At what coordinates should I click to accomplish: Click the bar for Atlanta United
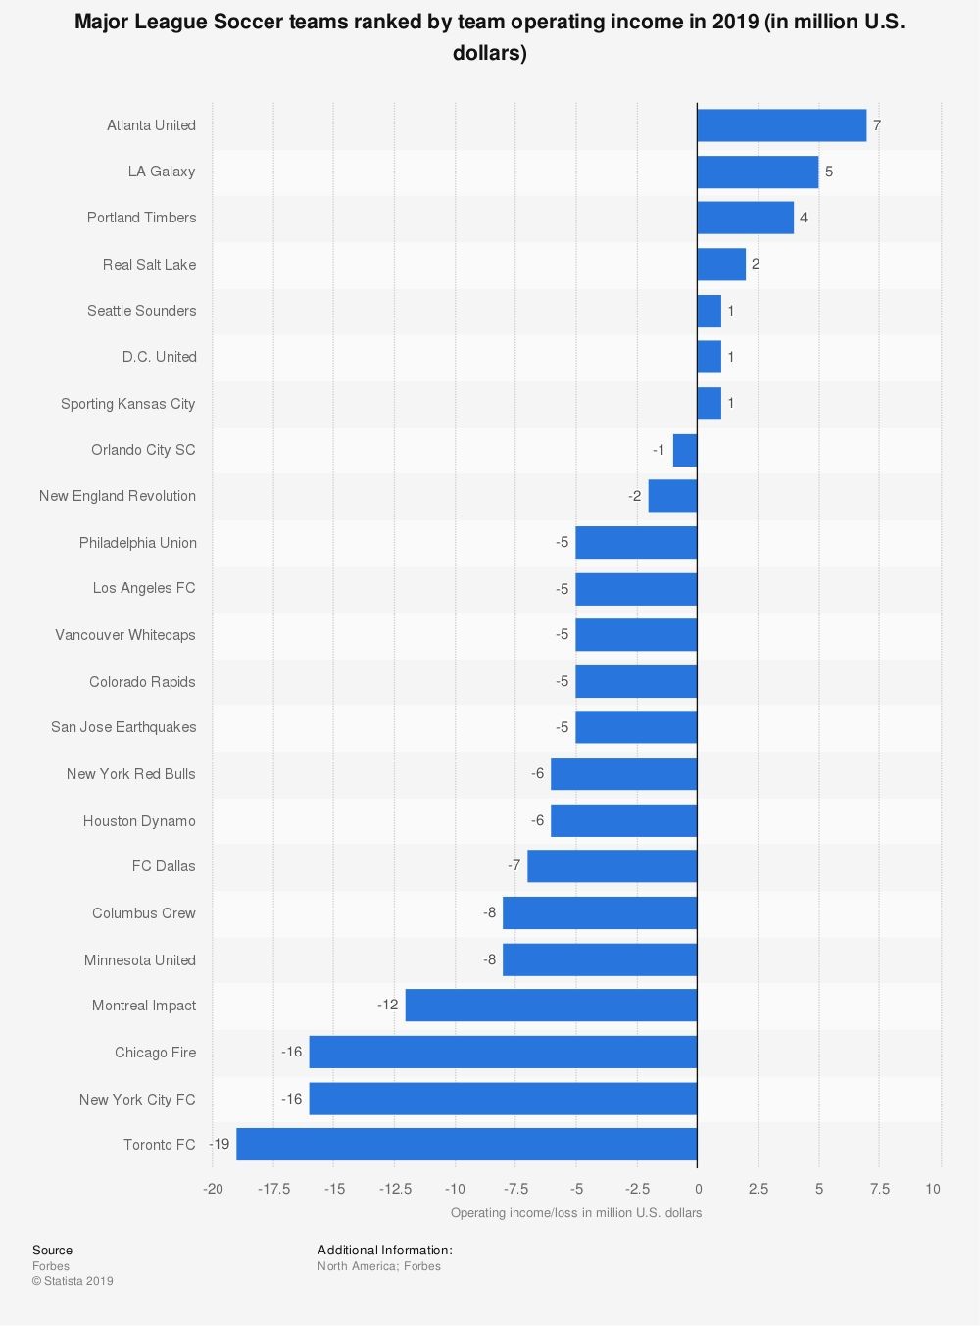[781, 125]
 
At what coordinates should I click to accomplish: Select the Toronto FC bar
[466, 1145]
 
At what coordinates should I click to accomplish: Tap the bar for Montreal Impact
[551, 1006]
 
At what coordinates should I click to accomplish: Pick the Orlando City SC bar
[685, 450]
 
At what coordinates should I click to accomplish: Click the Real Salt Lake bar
[721, 265]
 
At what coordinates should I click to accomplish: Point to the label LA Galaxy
[162, 172]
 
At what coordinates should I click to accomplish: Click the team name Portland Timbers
[141, 218]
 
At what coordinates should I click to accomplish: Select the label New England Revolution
[118, 496]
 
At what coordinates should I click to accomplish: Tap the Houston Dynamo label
[139, 821]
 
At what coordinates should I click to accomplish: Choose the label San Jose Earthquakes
[123, 727]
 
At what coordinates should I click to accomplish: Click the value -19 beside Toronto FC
[219, 1145]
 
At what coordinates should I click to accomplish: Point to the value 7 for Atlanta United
[877, 125]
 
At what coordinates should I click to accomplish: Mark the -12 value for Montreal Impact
[388, 1006]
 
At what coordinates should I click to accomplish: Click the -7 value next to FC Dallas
[514, 866]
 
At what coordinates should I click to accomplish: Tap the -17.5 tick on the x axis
[274, 1189]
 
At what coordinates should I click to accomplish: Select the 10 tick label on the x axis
[933, 1189]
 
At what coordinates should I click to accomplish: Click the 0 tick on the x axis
[698, 1189]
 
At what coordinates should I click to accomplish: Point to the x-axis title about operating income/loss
[576, 1213]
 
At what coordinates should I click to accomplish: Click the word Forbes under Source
[51, 1266]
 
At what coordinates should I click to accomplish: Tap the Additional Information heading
[384, 1251]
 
